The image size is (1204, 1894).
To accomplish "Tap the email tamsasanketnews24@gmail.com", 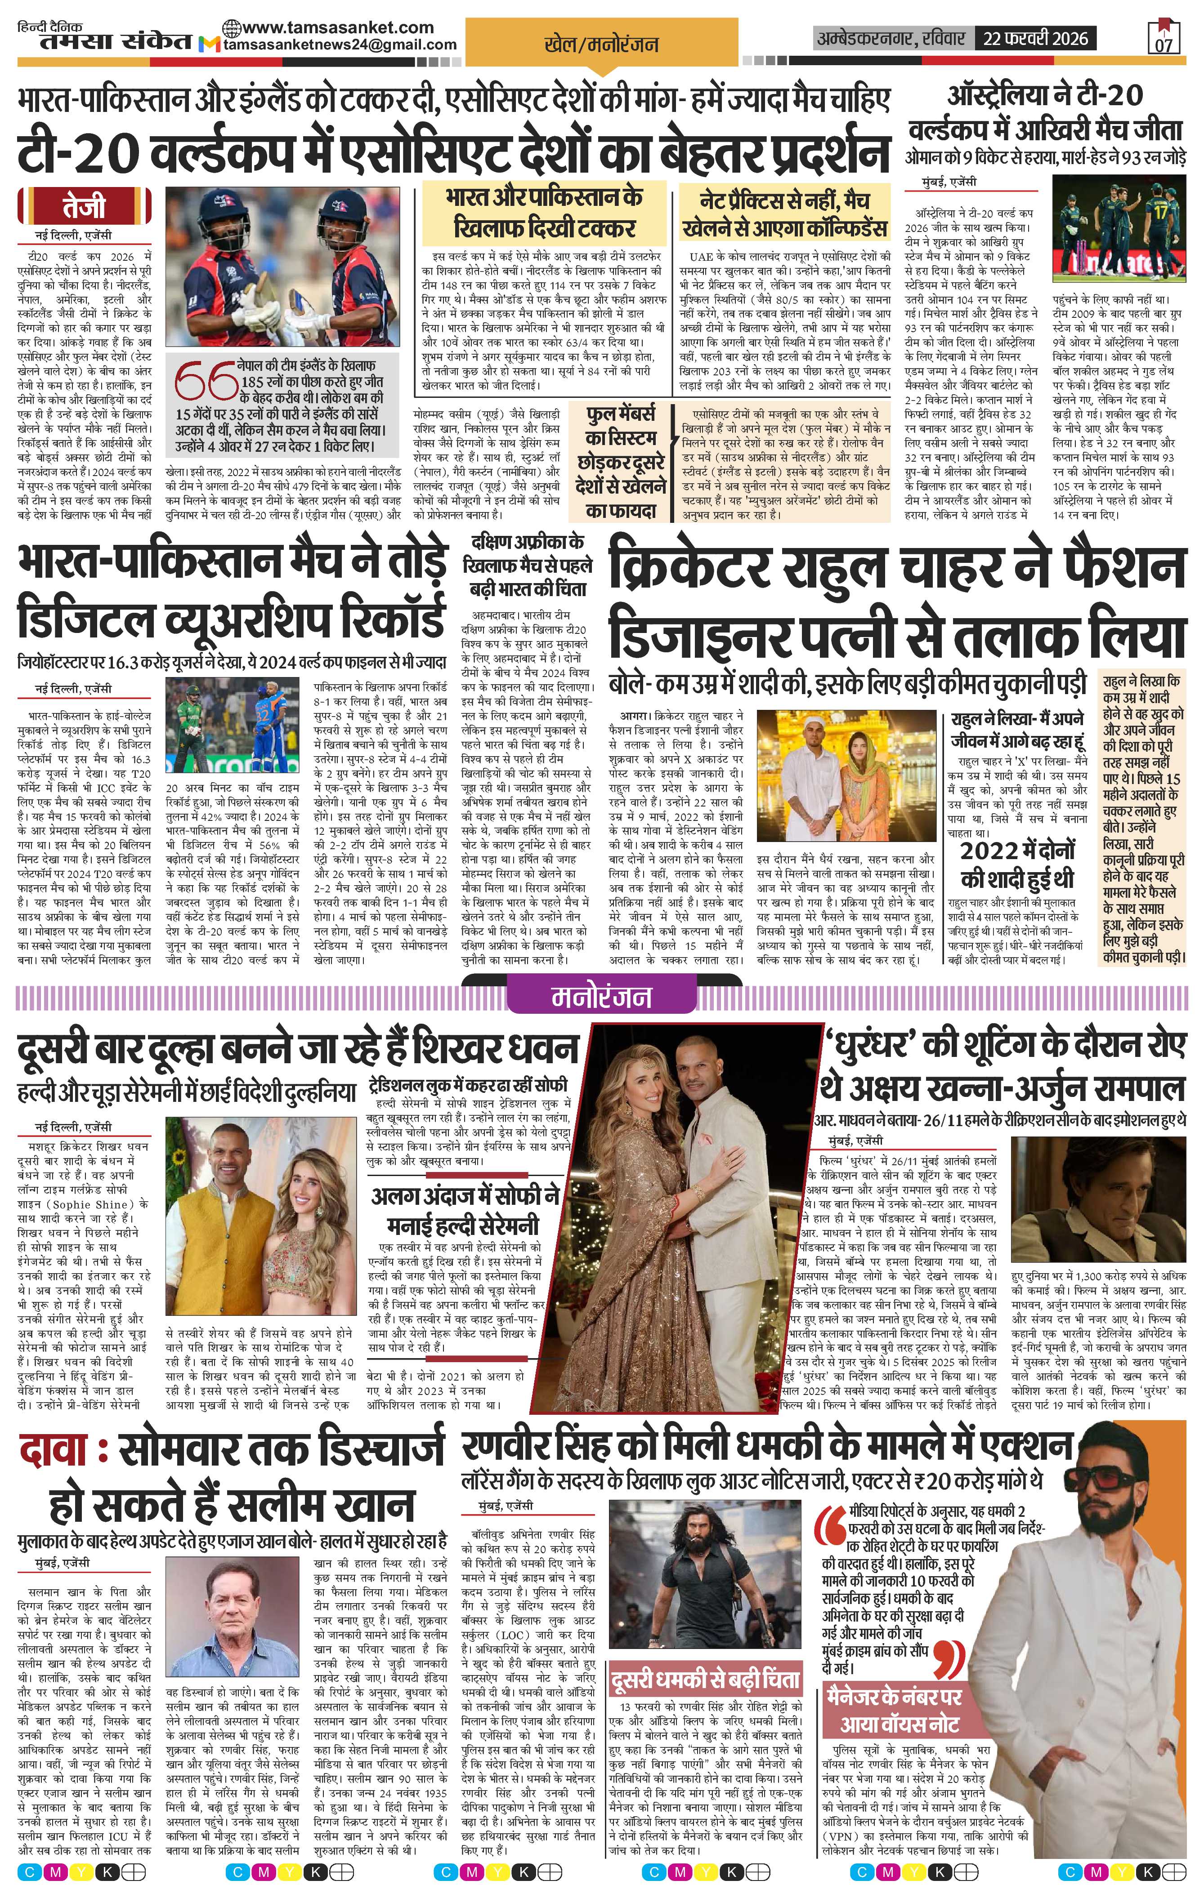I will click(340, 45).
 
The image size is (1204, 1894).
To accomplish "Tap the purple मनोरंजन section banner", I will click(601, 997).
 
